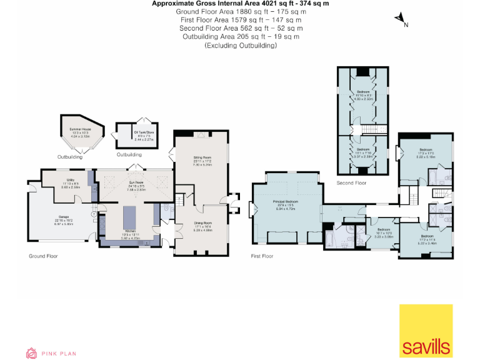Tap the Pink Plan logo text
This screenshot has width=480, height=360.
click(59, 354)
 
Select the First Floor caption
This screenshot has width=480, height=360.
click(262, 256)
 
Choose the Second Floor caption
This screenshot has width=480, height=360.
click(351, 183)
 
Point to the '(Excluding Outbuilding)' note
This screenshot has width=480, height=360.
click(240, 46)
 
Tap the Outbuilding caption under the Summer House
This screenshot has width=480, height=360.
click(69, 157)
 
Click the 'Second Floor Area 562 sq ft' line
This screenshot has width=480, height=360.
click(241, 28)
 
